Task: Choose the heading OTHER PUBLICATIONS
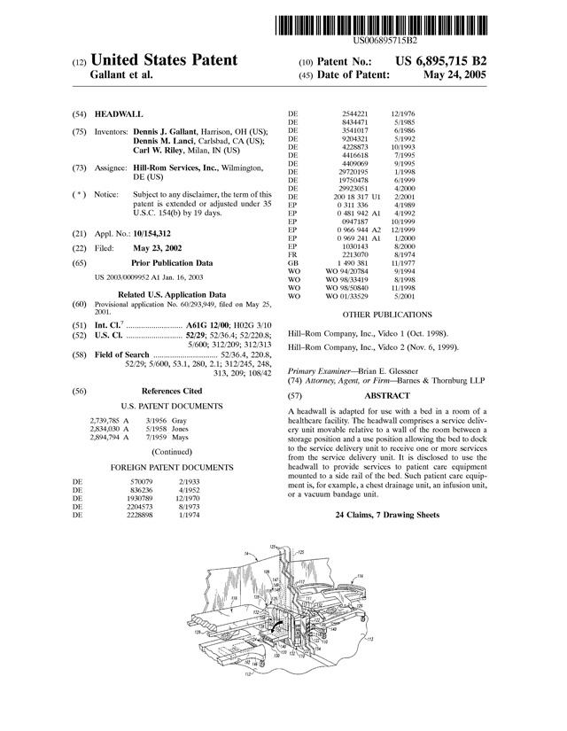[x=387, y=315]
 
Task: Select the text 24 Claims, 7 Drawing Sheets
[x=387, y=515]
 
